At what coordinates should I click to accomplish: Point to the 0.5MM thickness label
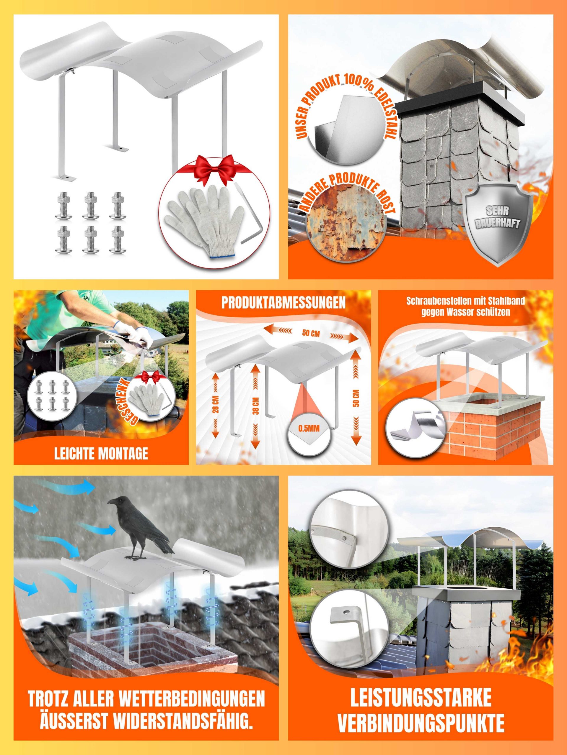pyautogui.click(x=309, y=428)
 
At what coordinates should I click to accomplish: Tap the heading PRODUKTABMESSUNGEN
pyautogui.click(x=283, y=303)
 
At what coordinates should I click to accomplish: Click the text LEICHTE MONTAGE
pyautogui.click(x=101, y=454)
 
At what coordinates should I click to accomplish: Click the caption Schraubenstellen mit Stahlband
pyautogui.click(x=465, y=301)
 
